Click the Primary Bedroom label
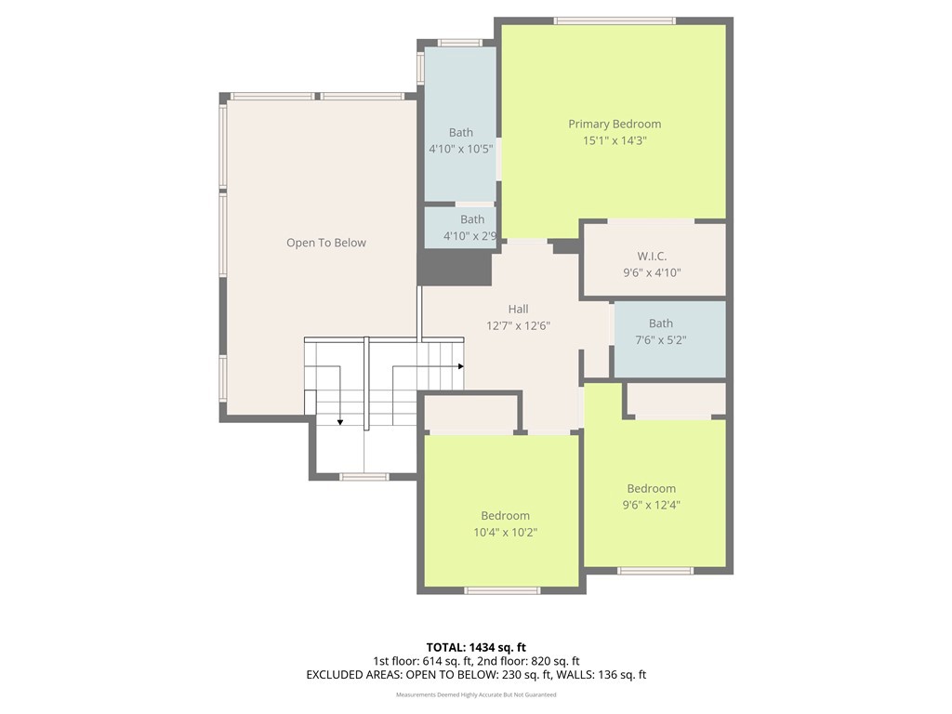point(615,124)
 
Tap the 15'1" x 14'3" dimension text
point(615,140)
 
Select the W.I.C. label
point(652,256)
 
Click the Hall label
point(518,309)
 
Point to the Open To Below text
point(325,243)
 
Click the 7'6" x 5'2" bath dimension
point(661,340)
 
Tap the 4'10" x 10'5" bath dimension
point(460,149)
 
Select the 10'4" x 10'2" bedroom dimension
point(505,533)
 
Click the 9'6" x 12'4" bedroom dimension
point(651,506)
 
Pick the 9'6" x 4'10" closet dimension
point(652,272)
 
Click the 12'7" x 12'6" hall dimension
point(518,325)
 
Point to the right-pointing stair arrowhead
point(460,366)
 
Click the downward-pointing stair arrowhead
point(340,422)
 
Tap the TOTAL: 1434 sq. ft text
point(476,647)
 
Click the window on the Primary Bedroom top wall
point(615,20)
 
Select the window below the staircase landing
point(364,477)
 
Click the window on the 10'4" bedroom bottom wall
point(502,590)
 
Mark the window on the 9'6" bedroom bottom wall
point(655,571)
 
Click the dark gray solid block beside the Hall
point(454,268)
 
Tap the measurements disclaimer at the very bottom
point(476,694)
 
